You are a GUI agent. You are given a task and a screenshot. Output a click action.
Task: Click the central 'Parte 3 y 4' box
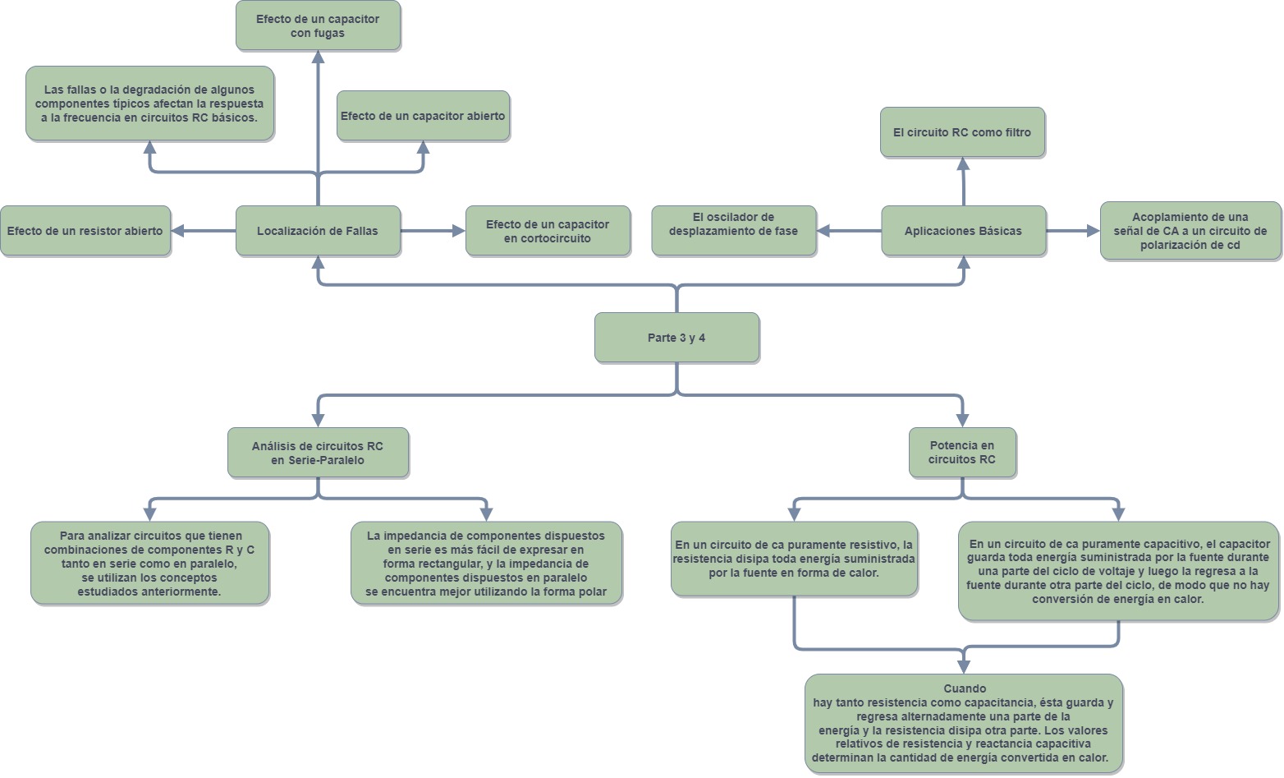click(676, 338)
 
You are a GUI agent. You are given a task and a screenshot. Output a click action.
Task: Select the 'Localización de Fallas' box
click(318, 231)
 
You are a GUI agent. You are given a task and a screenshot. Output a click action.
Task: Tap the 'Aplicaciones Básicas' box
click(963, 231)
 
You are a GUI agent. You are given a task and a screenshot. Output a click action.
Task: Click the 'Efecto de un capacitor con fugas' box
click(318, 25)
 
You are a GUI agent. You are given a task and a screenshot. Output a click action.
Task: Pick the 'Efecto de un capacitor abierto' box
click(423, 116)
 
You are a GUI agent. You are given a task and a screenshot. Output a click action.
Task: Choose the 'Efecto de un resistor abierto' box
click(85, 231)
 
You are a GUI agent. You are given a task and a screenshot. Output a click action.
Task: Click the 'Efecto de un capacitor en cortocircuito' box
click(548, 231)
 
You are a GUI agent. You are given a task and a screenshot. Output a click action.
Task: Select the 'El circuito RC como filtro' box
click(962, 132)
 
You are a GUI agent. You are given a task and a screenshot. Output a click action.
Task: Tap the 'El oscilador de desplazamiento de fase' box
click(733, 231)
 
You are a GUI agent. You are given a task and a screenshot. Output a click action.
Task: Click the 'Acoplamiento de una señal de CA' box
click(1190, 231)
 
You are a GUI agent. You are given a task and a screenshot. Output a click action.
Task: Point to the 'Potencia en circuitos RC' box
click(962, 453)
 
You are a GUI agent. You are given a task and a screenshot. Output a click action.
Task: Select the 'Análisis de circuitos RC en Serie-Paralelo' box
click(318, 453)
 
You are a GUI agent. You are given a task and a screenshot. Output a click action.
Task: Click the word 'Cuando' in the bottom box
click(965, 688)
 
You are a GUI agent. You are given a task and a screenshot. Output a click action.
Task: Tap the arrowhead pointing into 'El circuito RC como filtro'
click(963, 163)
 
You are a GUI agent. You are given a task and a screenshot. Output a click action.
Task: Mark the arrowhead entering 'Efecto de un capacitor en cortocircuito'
click(458, 231)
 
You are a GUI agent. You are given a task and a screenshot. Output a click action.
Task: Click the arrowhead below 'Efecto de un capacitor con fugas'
click(318, 57)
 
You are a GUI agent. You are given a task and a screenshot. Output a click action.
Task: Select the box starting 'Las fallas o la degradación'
click(149, 104)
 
